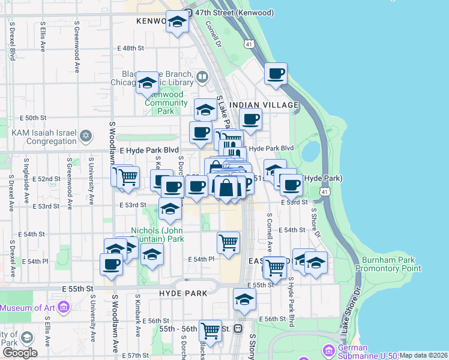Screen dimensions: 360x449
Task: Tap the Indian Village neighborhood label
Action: [x=272, y=105]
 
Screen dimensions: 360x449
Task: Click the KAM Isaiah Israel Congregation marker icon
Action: [x=86, y=135]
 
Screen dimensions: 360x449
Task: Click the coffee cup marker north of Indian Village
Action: [x=276, y=74]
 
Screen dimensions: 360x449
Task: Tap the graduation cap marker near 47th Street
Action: [x=177, y=22]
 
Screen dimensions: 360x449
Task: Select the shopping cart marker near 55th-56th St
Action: [x=210, y=329]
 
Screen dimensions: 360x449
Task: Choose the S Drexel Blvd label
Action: [x=11, y=41]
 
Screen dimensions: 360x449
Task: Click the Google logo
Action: [x=19, y=353]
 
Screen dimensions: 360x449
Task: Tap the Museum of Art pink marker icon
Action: [x=64, y=308]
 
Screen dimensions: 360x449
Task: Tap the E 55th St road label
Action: [x=81, y=289]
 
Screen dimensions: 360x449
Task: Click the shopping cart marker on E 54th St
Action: [x=228, y=242]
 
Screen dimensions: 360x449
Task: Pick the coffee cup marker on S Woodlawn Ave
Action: [x=111, y=263]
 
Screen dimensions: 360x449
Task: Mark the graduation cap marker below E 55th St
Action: [x=244, y=299]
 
